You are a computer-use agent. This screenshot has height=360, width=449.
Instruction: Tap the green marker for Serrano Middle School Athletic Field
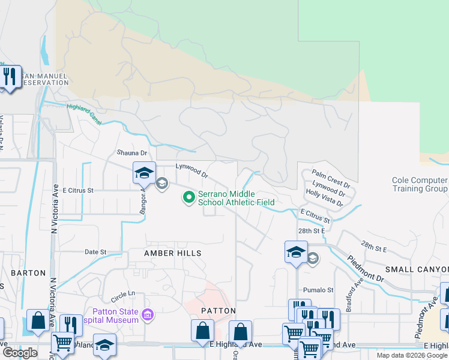tap(189, 197)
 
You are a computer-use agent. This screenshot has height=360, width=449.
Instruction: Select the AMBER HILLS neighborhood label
tap(172, 254)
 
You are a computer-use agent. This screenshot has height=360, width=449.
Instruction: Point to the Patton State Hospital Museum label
tap(115, 315)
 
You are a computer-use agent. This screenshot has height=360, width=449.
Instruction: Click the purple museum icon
tap(148, 314)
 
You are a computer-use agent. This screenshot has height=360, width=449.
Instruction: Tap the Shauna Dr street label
tap(132, 154)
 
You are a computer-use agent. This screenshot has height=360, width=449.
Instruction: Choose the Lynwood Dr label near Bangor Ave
tap(191, 171)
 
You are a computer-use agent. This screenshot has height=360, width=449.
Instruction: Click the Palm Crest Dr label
tap(331, 177)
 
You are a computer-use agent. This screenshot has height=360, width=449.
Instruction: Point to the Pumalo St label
tap(318, 290)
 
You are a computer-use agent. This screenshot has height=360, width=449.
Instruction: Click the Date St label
tap(95, 252)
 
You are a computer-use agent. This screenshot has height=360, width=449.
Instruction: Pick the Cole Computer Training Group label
tap(420, 184)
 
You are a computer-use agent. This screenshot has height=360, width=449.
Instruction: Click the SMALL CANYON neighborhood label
tap(417, 269)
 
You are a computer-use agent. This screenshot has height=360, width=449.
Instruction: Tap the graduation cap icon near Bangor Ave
tap(144, 173)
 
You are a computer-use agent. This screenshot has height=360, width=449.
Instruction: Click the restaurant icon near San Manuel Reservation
tap(10, 77)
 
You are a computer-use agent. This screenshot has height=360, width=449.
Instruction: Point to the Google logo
tap(20, 353)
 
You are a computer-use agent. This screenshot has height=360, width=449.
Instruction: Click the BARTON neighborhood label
tap(28, 273)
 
